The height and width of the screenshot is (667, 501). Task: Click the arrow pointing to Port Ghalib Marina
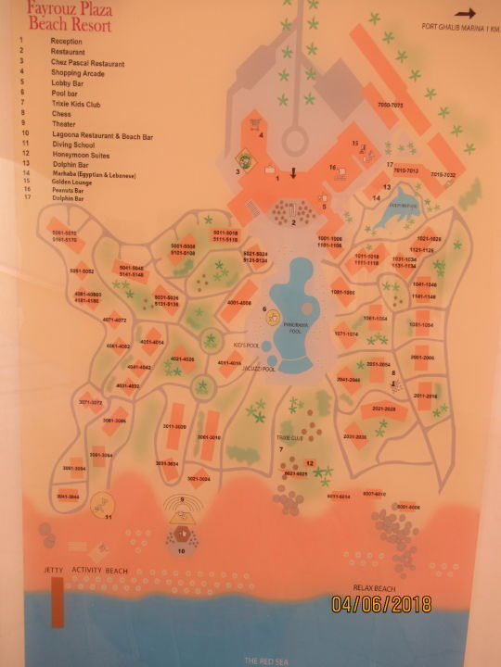[x=465, y=13]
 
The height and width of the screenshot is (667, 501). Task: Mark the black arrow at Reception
[x=294, y=173]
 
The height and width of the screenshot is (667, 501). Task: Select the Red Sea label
[x=263, y=660]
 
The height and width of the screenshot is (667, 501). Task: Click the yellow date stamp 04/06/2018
[x=381, y=604]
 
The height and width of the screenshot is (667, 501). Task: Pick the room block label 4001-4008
[x=239, y=303]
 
